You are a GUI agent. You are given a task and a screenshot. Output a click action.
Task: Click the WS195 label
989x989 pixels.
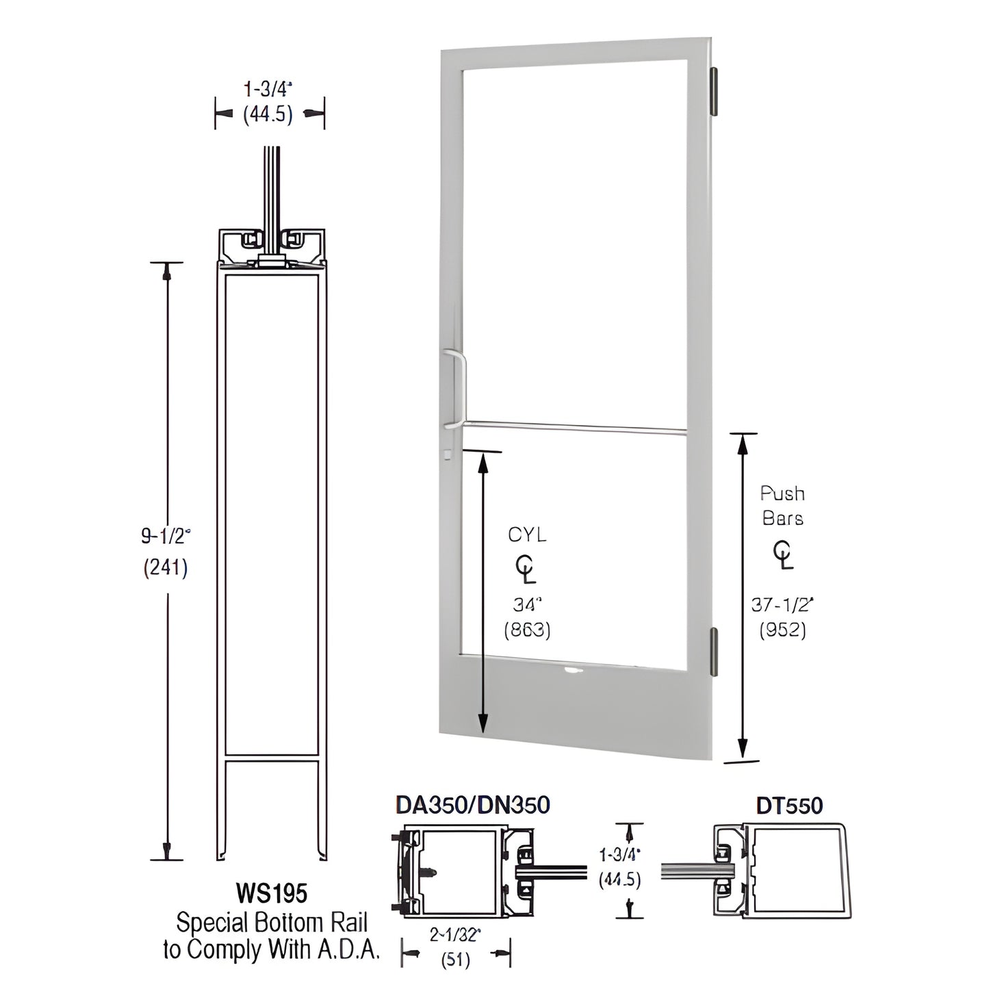[271, 893]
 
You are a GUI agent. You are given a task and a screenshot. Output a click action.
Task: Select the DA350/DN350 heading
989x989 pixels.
[473, 806]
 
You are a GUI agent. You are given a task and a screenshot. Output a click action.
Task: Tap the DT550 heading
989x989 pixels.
[789, 806]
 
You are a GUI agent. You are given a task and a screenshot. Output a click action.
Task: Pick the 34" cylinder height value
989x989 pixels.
[527, 604]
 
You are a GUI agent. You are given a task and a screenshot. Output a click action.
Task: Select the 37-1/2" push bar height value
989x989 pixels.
[782, 604]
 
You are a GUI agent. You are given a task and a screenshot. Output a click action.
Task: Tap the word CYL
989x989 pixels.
[527, 535]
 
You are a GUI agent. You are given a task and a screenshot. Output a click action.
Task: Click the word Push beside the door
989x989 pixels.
[782, 493]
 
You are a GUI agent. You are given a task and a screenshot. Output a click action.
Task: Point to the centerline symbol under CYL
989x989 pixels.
[526, 569]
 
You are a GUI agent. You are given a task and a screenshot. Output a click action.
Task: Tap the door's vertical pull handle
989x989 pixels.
[454, 389]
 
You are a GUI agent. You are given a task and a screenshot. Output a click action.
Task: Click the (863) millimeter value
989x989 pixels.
[527, 630]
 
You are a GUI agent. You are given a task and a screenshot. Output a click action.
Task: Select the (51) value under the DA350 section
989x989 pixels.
[455, 960]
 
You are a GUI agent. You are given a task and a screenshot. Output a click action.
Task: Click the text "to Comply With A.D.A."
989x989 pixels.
[271, 950]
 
